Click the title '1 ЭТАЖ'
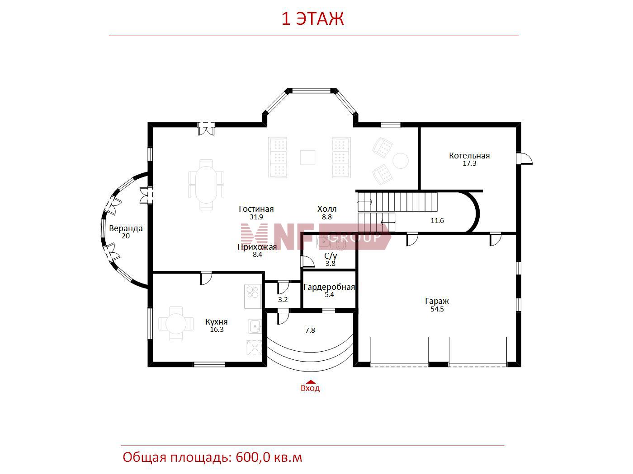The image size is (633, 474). coord(312,19)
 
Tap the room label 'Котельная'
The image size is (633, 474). coord(469,156)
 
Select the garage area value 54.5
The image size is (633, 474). coord(437,309)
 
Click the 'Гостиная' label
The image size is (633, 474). coord(256,209)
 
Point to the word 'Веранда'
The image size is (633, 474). coord(126,228)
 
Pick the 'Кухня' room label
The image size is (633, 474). coord(216,322)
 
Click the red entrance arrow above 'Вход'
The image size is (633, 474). coord(310,382)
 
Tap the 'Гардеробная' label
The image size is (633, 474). coord(329,287)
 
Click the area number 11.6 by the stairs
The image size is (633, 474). coord(437,221)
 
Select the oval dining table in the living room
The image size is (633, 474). coord(206,185)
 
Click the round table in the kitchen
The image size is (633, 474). coord(176,324)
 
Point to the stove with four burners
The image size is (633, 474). coord(253,296)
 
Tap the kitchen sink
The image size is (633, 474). coord(255,326)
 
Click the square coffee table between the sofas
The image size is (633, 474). coord(308,158)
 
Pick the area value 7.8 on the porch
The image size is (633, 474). coord(310,330)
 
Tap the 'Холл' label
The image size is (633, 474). coord(327,209)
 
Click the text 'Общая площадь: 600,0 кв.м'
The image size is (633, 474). coord(212,457)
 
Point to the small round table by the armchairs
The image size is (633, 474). coord(400,161)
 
